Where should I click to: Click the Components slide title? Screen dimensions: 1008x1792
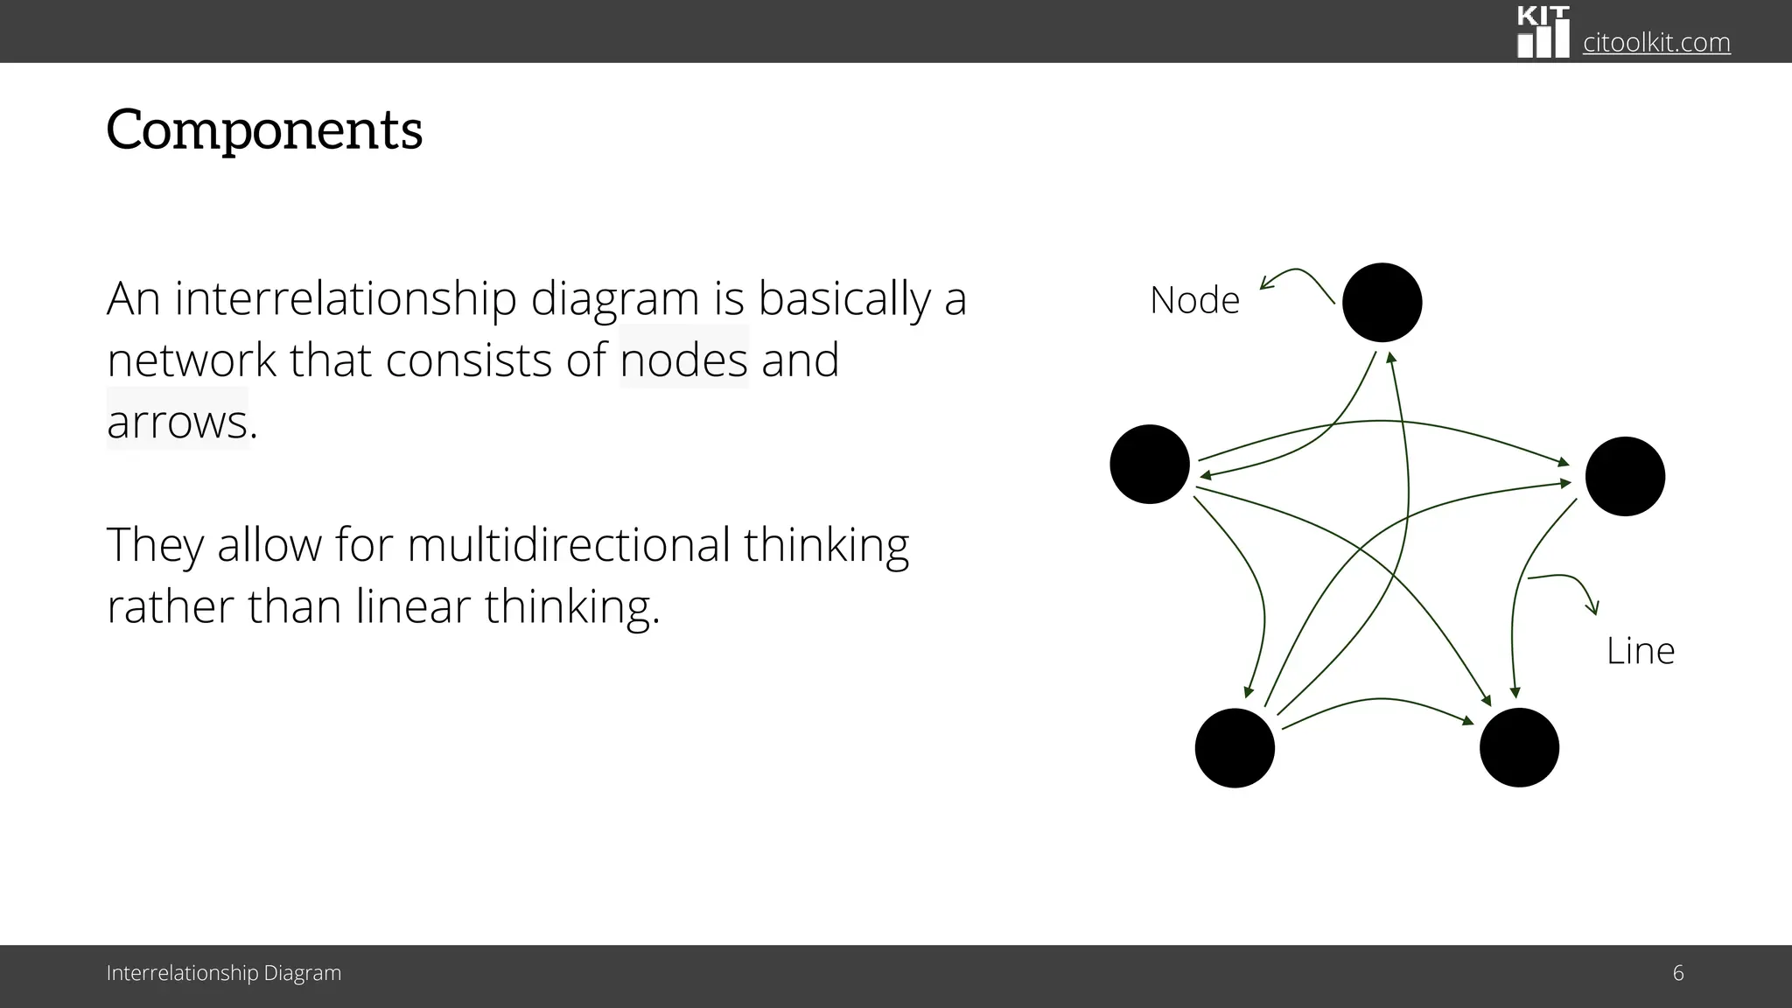[264, 130]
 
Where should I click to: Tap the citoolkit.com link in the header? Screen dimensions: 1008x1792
[1656, 42]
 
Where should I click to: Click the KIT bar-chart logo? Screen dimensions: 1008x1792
[1543, 32]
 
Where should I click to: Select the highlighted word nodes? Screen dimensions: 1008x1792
[684, 360]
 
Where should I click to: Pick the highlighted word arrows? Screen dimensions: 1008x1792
[178, 422]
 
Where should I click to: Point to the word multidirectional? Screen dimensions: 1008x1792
[569, 544]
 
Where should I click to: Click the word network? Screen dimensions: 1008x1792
[192, 360]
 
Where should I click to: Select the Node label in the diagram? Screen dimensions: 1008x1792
[1194, 300]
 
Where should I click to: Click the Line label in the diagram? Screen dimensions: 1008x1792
[1640, 651]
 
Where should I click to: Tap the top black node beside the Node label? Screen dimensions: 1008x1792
[1382, 303]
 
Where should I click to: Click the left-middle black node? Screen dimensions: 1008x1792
[1149, 465]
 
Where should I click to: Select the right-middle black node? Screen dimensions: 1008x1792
[1625, 477]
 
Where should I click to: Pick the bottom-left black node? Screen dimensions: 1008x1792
[1235, 748]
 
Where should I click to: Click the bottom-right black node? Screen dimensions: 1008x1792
[1519, 748]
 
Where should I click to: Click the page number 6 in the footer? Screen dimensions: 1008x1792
[1677, 973]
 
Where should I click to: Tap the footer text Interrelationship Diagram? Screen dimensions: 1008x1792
[224, 973]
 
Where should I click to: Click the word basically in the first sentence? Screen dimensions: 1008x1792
[844, 298]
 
